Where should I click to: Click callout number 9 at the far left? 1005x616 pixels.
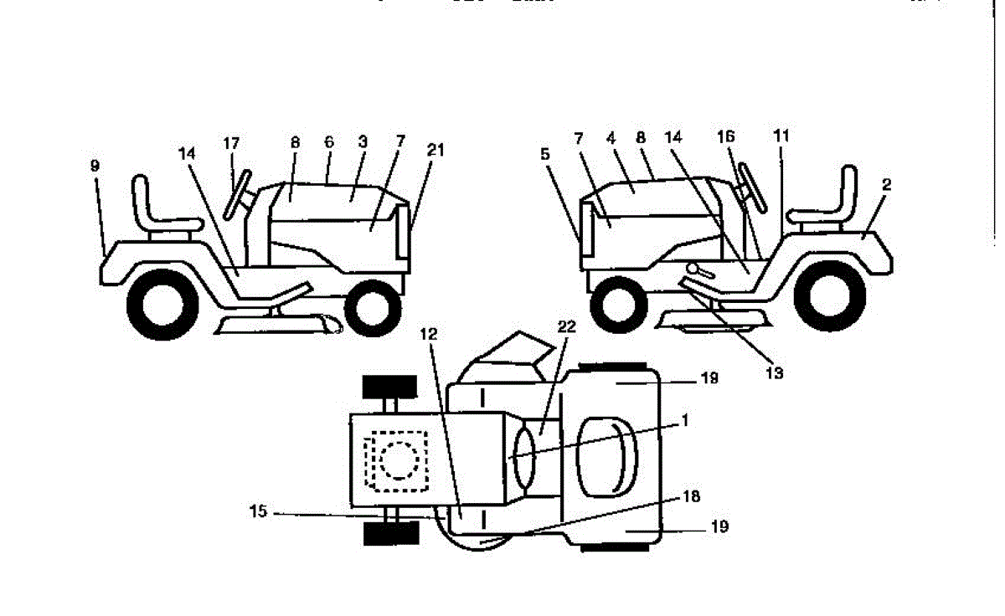pyautogui.click(x=95, y=167)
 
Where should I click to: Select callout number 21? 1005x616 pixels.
pyautogui.click(x=434, y=150)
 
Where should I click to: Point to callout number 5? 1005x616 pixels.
pyautogui.click(x=545, y=154)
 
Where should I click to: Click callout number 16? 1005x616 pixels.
pyautogui.click(x=726, y=135)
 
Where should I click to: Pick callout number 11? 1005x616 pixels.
pyautogui.click(x=781, y=135)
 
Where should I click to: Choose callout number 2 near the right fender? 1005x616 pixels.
pyautogui.click(x=887, y=185)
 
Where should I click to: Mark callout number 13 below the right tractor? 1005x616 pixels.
pyautogui.click(x=775, y=373)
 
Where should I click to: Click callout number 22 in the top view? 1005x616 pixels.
pyautogui.click(x=567, y=327)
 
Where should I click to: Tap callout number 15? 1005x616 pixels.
pyautogui.click(x=260, y=511)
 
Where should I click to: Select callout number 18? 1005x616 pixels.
pyautogui.click(x=691, y=497)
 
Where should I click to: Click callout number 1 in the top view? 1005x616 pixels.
pyautogui.click(x=684, y=421)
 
